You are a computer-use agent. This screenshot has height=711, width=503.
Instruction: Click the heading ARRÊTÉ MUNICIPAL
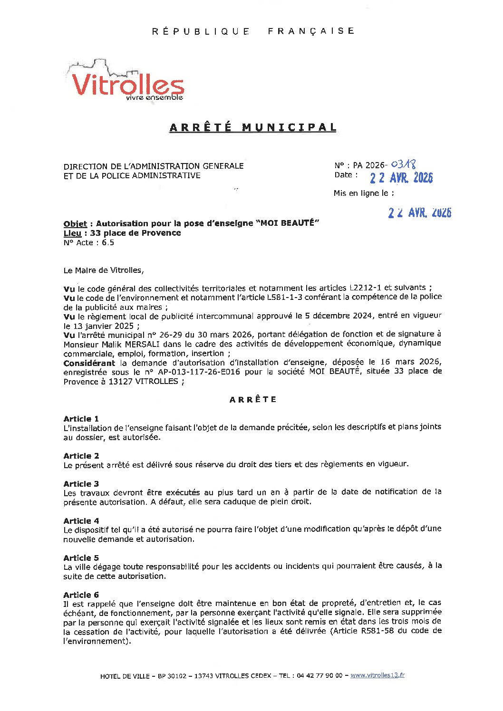[x=253, y=127]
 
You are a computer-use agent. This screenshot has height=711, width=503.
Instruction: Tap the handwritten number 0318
[x=403, y=164]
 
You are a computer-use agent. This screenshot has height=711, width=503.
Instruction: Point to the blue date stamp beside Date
[x=401, y=178]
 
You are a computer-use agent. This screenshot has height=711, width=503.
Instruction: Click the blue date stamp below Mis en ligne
[x=419, y=212]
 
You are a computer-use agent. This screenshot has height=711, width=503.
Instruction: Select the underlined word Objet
[x=75, y=224]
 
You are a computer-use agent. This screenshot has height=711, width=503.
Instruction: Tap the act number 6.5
[x=108, y=243]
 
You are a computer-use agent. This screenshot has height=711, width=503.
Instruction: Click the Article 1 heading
[x=81, y=419]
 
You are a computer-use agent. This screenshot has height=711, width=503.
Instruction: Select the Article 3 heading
[x=81, y=484]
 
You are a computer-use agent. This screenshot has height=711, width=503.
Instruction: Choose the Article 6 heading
[x=81, y=595]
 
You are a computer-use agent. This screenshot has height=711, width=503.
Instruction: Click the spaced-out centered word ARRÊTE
[x=253, y=400]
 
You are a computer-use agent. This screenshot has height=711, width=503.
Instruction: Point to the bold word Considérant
[x=89, y=363]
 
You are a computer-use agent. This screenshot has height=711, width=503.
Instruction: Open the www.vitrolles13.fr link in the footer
[x=377, y=675]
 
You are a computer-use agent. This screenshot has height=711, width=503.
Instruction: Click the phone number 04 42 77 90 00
[x=319, y=676]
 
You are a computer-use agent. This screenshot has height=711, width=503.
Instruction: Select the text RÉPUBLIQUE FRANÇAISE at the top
[x=253, y=31]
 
